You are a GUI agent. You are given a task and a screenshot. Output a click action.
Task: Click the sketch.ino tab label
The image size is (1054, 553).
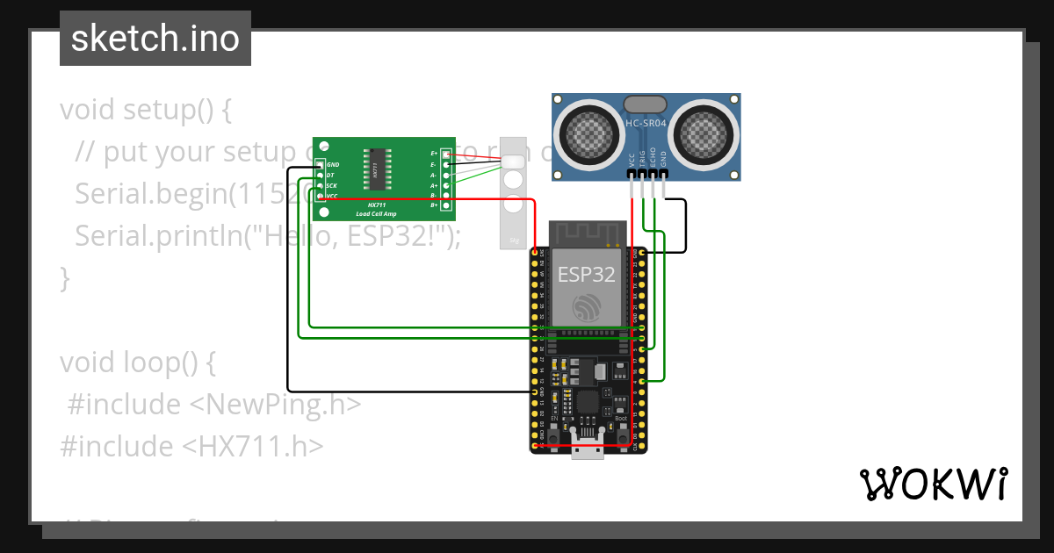pyautogui.click(x=155, y=39)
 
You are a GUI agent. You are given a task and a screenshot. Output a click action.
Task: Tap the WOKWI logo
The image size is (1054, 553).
pyautogui.click(x=933, y=485)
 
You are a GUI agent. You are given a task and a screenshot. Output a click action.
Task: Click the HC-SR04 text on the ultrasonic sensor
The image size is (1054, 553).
pyautogui.click(x=646, y=124)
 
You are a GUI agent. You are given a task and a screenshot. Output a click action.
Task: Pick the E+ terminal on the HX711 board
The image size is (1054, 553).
pyautogui.click(x=446, y=154)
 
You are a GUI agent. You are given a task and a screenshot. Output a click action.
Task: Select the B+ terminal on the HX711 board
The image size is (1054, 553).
pyautogui.click(x=446, y=205)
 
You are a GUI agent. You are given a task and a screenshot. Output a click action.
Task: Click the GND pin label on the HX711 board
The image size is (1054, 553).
pyautogui.click(x=332, y=165)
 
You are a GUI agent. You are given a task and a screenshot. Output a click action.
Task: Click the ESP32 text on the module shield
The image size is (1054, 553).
pyautogui.click(x=587, y=274)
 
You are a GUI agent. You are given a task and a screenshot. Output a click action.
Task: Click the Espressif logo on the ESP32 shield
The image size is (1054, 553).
pyautogui.click(x=587, y=308)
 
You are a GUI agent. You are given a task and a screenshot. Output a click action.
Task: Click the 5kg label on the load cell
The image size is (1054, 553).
pyautogui.click(x=514, y=239)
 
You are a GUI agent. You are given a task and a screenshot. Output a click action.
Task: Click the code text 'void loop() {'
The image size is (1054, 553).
pyautogui.click(x=137, y=362)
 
